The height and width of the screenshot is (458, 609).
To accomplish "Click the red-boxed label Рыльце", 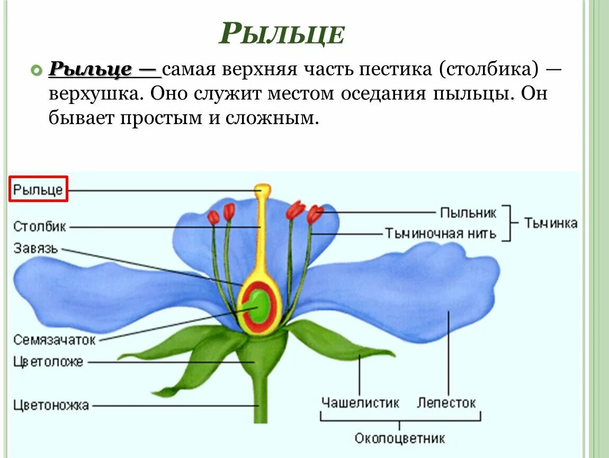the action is pyautogui.click(x=39, y=189).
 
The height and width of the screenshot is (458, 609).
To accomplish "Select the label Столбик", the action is pyautogui.click(x=40, y=227).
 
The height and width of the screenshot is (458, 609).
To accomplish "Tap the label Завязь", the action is pyautogui.click(x=36, y=248).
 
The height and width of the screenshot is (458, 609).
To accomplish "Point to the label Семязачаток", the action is pyautogui.click(x=55, y=339).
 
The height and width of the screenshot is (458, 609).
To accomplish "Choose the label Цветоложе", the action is pyautogui.click(x=48, y=363).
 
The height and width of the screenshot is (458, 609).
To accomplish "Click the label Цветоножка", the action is pyautogui.click(x=51, y=406).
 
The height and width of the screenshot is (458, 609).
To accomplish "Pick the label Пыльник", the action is pyautogui.click(x=468, y=213).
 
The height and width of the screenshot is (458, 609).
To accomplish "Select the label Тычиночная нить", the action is pyautogui.click(x=441, y=233).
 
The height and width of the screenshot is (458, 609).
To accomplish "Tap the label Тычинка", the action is pyautogui.click(x=551, y=223).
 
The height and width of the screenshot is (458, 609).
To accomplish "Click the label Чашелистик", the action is pyautogui.click(x=360, y=403).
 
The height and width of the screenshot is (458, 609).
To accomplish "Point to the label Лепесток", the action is pyautogui.click(x=446, y=403).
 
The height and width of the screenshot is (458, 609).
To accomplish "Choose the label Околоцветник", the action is pyautogui.click(x=400, y=439).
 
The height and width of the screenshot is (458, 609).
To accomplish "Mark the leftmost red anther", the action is pyautogui.click(x=213, y=217).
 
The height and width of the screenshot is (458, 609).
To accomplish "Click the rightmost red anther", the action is pyautogui.click(x=315, y=214).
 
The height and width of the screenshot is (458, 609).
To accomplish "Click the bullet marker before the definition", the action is pyautogui.click(x=36, y=69).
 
